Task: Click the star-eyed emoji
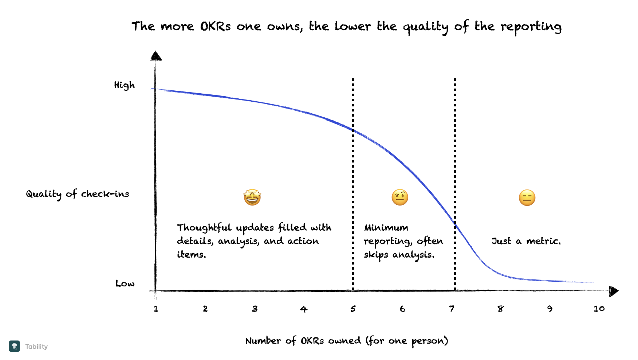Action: tap(252, 197)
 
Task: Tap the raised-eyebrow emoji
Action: tap(400, 197)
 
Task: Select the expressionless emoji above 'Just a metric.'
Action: tap(527, 198)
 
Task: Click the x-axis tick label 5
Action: tap(353, 309)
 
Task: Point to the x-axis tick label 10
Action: tap(599, 309)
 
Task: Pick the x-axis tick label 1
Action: tap(156, 309)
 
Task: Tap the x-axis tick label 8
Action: tap(501, 309)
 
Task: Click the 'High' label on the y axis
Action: tap(124, 85)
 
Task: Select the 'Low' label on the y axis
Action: tap(125, 283)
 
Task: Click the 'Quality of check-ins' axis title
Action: tap(78, 194)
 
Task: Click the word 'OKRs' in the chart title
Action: tap(215, 27)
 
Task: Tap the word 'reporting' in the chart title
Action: tap(531, 27)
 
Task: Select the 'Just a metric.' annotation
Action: tap(526, 241)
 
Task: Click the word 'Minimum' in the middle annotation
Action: tap(386, 228)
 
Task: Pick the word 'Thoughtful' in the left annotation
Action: tap(204, 228)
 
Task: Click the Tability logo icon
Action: tap(15, 346)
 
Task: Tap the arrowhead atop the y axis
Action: tap(156, 56)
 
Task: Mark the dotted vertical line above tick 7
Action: tap(455, 164)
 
